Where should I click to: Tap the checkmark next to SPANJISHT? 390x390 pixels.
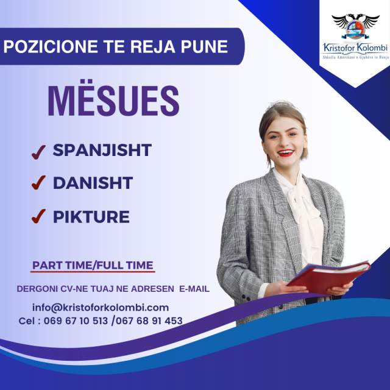tap(38, 152)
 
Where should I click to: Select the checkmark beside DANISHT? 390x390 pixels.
tap(38, 183)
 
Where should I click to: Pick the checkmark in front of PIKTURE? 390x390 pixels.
tap(38, 216)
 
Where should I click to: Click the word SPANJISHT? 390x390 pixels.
tap(102, 150)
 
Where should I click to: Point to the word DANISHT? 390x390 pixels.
tap(93, 183)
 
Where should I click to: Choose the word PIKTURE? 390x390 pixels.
tap(91, 217)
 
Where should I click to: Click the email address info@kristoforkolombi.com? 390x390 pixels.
tap(101, 308)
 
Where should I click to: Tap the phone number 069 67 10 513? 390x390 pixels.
tap(76, 321)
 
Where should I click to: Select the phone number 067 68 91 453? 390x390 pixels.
tap(149, 321)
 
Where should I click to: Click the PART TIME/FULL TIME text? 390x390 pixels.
tap(93, 265)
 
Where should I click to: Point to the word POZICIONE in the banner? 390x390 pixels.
tap(51, 46)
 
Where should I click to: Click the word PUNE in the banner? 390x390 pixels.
tap(204, 46)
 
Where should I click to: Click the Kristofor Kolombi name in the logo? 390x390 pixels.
tap(355, 48)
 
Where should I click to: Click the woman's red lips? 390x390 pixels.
tap(286, 152)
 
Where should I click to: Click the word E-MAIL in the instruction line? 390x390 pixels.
tap(194, 289)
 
